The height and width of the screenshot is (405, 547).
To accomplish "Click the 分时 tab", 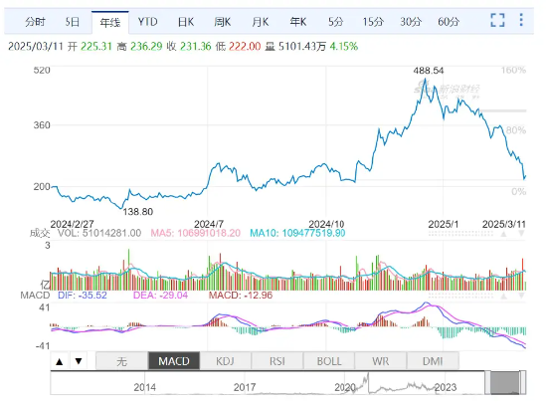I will pos(35,21).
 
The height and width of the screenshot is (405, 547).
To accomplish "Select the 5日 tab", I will pos(73,21).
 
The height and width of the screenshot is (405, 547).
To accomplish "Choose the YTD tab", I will pos(147,21).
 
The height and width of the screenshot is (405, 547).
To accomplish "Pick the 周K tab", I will pos(223,21).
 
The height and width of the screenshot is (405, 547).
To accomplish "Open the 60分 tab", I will pos(449,21).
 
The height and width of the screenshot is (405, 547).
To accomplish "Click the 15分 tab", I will pos(372,21).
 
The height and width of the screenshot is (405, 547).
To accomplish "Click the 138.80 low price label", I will pos(136,212).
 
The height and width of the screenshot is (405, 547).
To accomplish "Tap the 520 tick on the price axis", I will pos(41,71).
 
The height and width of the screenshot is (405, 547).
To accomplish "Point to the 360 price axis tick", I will pos(41,125).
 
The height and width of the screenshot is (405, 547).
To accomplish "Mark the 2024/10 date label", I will pos(326,224).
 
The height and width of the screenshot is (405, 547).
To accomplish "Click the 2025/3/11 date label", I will pos(502,224).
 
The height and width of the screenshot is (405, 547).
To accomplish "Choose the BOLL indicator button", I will pos(329,361).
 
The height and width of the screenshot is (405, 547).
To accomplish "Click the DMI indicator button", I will pos(432,361).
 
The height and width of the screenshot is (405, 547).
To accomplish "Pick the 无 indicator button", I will pos(121,361).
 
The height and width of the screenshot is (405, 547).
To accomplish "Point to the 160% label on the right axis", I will pos(513,71).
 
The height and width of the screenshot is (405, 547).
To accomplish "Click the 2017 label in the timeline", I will pos(246,387).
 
